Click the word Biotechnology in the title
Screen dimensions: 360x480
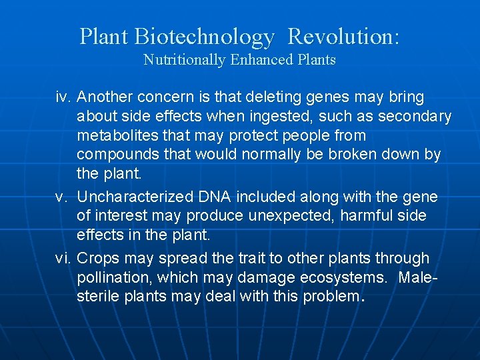(x=204, y=37)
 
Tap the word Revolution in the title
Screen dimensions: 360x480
(x=343, y=37)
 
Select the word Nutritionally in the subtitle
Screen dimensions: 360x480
(x=184, y=60)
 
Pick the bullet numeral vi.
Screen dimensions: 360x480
(x=63, y=258)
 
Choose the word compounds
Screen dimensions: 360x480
(x=116, y=155)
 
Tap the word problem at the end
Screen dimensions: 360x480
(x=331, y=297)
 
